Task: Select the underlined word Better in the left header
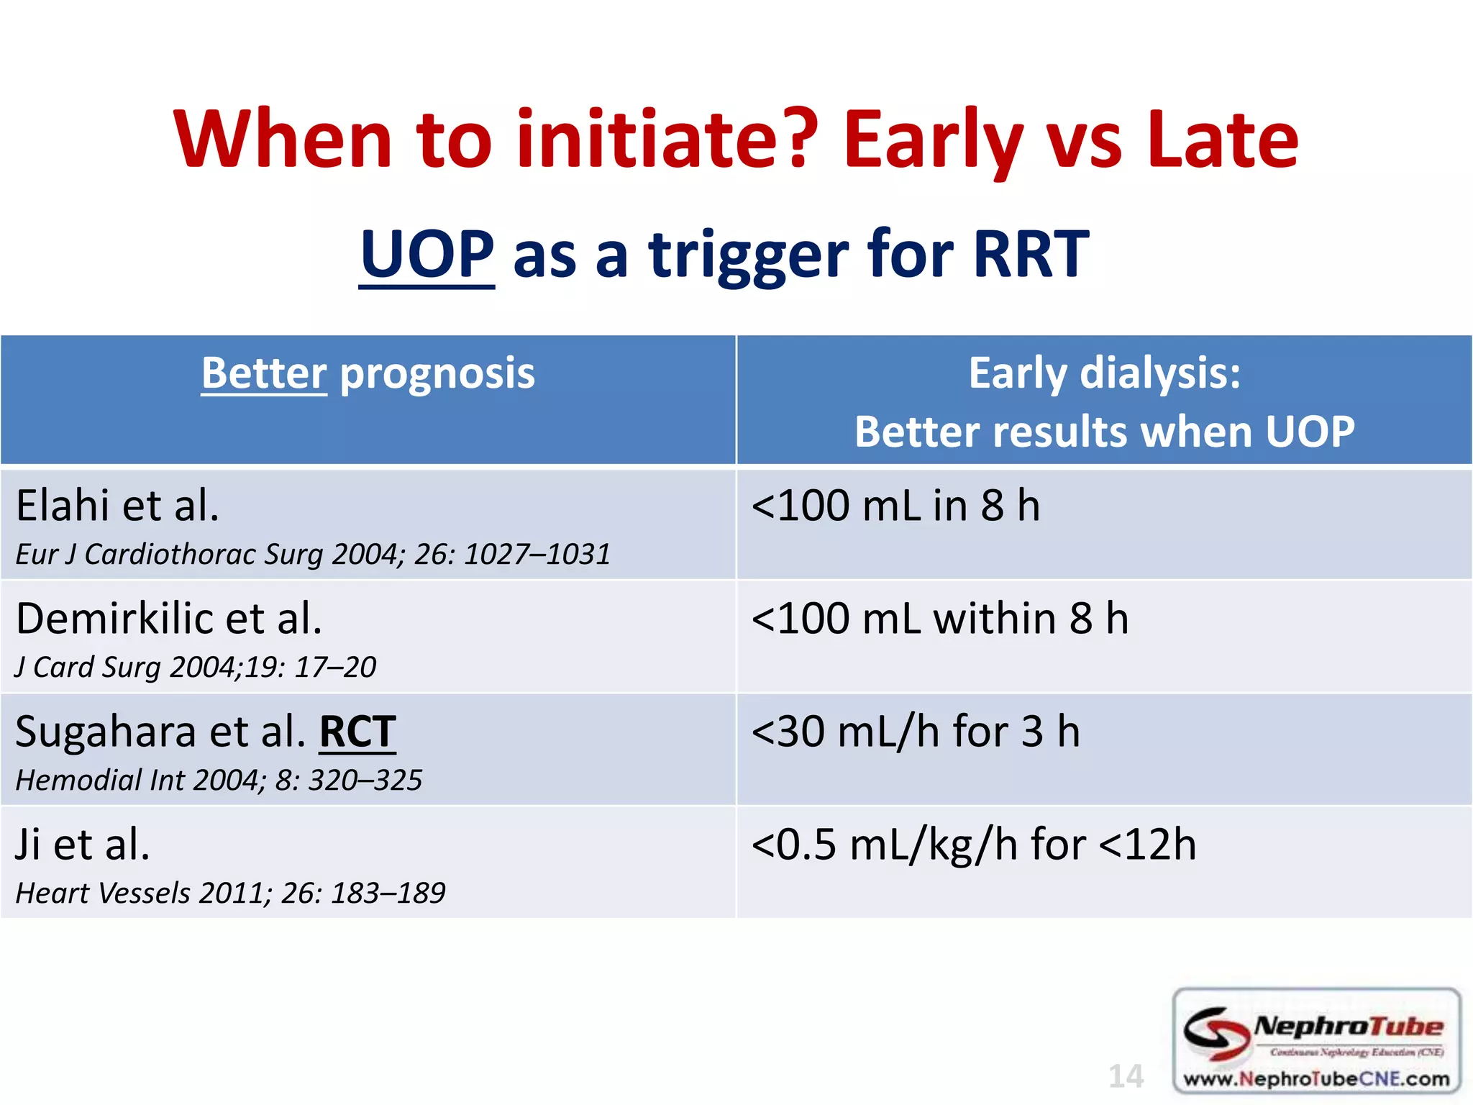point(264,373)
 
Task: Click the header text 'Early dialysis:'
point(1104,373)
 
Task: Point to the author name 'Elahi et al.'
point(117,505)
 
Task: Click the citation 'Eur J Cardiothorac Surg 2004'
point(313,555)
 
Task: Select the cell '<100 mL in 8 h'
point(895,505)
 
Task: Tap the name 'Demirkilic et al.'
point(169,619)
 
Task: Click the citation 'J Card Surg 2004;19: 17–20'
point(196,668)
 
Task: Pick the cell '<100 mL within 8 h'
point(939,619)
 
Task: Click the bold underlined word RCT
point(357,732)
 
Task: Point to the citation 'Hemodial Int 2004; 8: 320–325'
point(219,781)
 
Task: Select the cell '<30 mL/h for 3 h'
point(915,732)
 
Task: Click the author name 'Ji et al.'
point(83,845)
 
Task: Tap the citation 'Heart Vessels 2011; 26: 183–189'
point(230,893)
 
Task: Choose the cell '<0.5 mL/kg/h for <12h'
point(973,845)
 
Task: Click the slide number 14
point(1126,1077)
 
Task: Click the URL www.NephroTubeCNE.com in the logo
point(1316,1079)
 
